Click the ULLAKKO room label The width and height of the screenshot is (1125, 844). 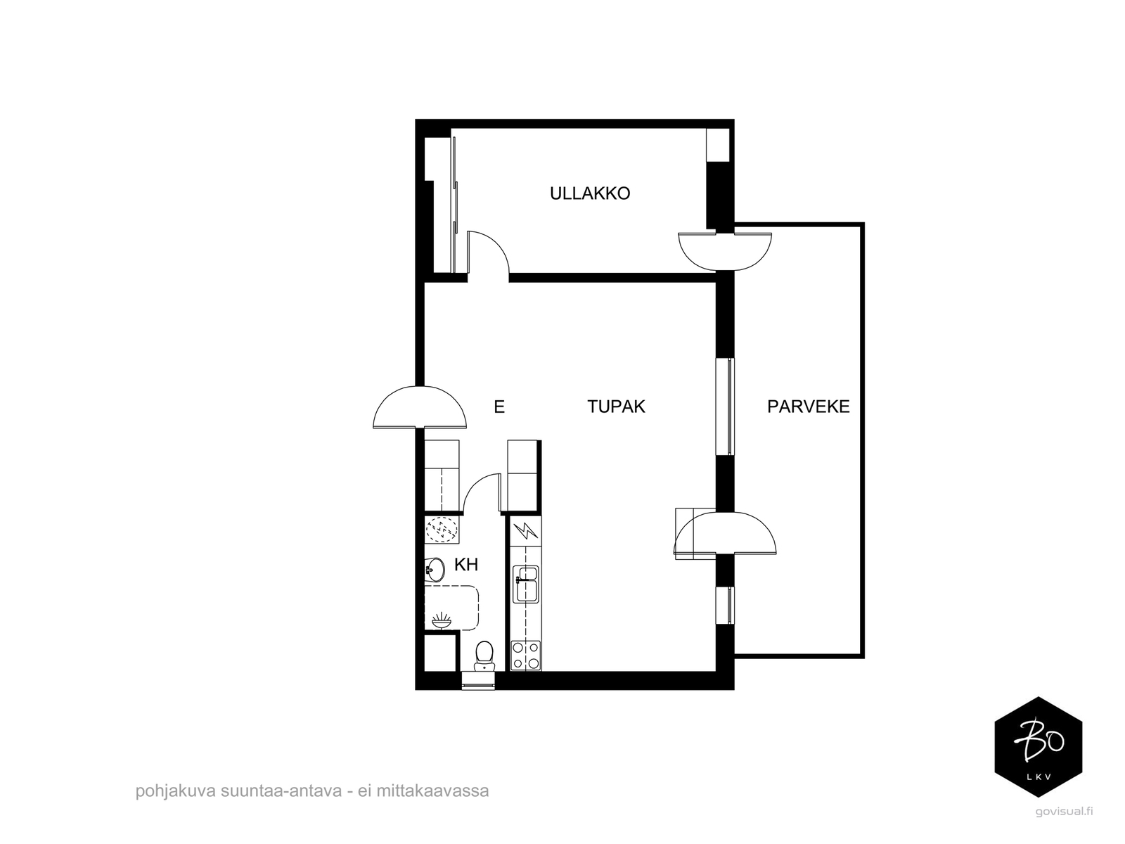[589, 193]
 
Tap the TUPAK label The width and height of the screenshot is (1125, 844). [615, 407]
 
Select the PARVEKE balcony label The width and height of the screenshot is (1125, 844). [808, 407]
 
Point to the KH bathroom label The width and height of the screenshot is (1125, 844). [466, 565]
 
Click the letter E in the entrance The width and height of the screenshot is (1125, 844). [499, 407]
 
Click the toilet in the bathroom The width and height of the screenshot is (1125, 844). [484, 656]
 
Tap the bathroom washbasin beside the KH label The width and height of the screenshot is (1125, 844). [435, 569]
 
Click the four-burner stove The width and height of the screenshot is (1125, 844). [525, 656]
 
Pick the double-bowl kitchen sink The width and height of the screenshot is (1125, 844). [526, 584]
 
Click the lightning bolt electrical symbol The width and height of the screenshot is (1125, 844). [526, 531]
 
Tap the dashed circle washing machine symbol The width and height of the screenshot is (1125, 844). [442, 529]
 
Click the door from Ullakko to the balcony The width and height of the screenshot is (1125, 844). [724, 251]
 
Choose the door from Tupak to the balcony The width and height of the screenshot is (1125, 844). [725, 533]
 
